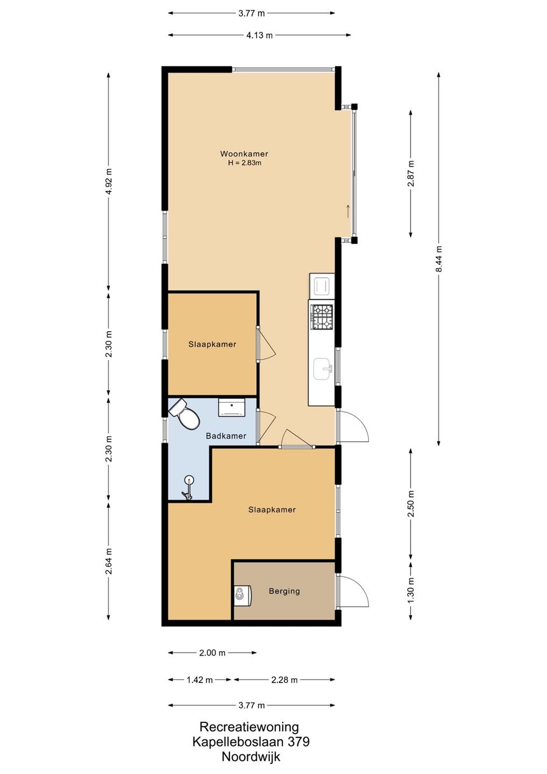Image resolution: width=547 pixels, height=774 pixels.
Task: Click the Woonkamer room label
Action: point(244,154)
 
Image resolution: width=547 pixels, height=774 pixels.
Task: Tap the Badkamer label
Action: point(226,436)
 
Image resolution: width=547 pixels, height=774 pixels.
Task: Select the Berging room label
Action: point(284,591)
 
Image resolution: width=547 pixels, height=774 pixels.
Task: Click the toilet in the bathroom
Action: point(184,414)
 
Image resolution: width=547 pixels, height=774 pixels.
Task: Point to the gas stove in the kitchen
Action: point(322,317)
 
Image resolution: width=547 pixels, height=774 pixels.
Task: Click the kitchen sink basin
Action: point(322,369)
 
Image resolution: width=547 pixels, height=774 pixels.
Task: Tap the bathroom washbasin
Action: point(232,407)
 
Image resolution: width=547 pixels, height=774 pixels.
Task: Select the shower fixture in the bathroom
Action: point(188,487)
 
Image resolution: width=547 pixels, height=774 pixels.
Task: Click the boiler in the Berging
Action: point(243,596)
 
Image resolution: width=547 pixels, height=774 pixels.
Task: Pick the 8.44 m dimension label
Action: point(438,259)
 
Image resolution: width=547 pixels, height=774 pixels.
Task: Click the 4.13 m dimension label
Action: point(260,35)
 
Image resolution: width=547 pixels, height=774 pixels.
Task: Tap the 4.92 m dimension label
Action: point(109,182)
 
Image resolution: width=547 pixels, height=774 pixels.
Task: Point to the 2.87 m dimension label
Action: point(411,174)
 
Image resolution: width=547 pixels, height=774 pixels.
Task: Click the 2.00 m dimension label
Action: point(212,653)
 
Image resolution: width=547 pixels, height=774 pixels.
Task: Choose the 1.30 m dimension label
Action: point(411,591)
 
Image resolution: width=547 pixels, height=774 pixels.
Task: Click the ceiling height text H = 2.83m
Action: point(244,163)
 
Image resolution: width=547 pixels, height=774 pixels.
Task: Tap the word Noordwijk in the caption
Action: point(251,757)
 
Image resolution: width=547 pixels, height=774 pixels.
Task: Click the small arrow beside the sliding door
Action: point(348,211)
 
